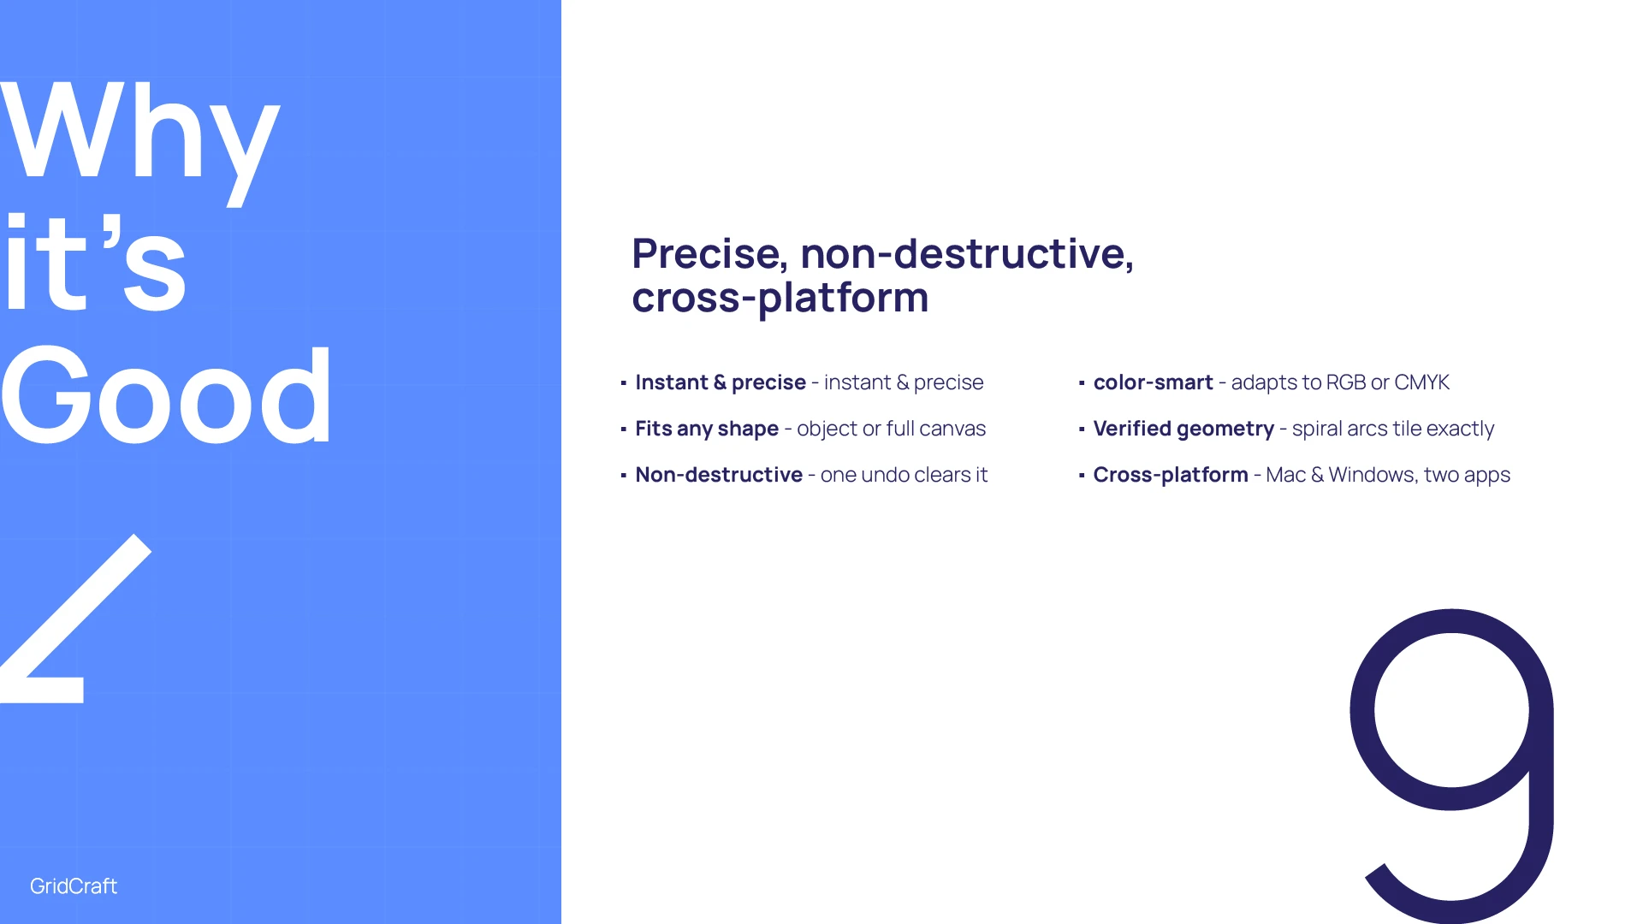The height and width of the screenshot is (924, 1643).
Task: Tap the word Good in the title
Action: coord(166,394)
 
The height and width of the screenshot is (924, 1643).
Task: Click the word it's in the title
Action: coord(94,262)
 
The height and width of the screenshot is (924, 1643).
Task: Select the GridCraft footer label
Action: coord(74,886)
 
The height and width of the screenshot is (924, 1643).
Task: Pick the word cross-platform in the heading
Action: coord(780,299)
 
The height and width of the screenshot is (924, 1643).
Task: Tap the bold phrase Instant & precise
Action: coord(721,382)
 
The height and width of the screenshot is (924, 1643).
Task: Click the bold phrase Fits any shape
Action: coord(707,429)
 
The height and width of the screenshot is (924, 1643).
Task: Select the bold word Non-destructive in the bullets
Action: coord(719,475)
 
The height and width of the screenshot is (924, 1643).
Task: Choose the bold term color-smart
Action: coord(1153,382)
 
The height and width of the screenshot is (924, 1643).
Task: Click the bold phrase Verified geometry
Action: coord(1183,429)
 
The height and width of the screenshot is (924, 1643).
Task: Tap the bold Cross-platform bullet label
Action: coord(1171,475)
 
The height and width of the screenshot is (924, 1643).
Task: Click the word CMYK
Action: coord(1421,382)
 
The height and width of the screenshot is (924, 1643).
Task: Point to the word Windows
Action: coord(1372,475)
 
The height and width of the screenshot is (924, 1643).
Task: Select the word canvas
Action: coord(952,429)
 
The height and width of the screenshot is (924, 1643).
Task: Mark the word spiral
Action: coord(1316,429)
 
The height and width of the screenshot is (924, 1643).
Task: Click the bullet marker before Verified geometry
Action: coord(1082,429)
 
